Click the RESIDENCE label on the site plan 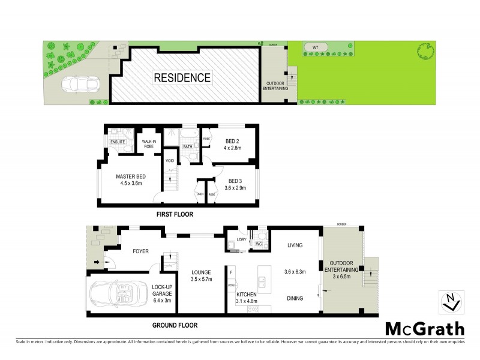(182, 77)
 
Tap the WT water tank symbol (314, 47)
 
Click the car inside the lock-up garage (116, 294)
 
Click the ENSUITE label (117, 142)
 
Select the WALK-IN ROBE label (149, 143)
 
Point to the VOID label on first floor (170, 160)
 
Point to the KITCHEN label (247, 295)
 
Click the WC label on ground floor (260, 244)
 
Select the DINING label (294, 298)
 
